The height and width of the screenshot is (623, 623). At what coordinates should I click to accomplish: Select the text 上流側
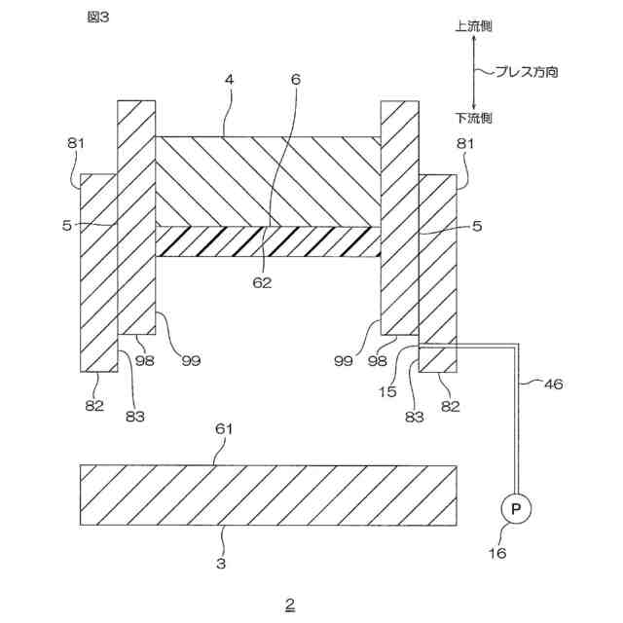click(473, 26)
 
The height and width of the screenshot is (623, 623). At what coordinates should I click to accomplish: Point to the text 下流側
click(473, 118)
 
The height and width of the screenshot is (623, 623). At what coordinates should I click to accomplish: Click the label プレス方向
click(527, 72)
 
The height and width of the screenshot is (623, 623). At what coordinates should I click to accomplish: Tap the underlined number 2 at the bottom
click(289, 604)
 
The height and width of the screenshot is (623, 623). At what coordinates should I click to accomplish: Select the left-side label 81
click(77, 144)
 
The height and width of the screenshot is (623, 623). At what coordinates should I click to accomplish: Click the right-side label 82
click(449, 405)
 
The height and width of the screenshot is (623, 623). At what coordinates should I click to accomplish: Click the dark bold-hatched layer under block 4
click(267, 241)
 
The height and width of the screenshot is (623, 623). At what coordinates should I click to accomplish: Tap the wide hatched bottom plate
click(268, 495)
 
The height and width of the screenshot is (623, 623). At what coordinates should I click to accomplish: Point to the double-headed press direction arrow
click(474, 72)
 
